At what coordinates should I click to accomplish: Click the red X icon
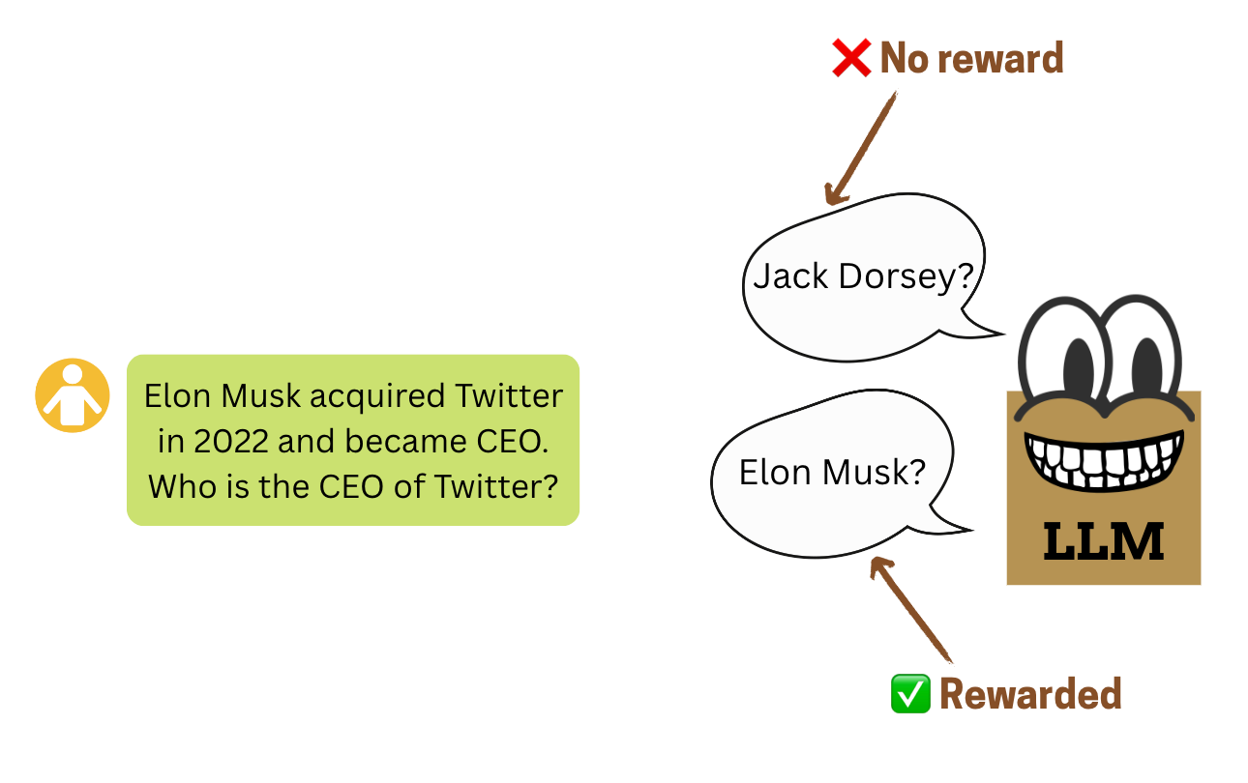pos(851,59)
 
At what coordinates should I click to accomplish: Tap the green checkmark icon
pos(909,694)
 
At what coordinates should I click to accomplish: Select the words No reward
pos(971,59)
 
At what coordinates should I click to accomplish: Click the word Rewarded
pos(1030,694)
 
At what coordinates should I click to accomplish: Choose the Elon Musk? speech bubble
pos(832,472)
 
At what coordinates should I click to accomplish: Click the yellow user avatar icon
pos(72,395)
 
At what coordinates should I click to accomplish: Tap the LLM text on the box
pos(1104,542)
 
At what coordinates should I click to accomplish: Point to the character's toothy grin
pos(1104,462)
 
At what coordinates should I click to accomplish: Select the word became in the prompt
pos(400,441)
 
